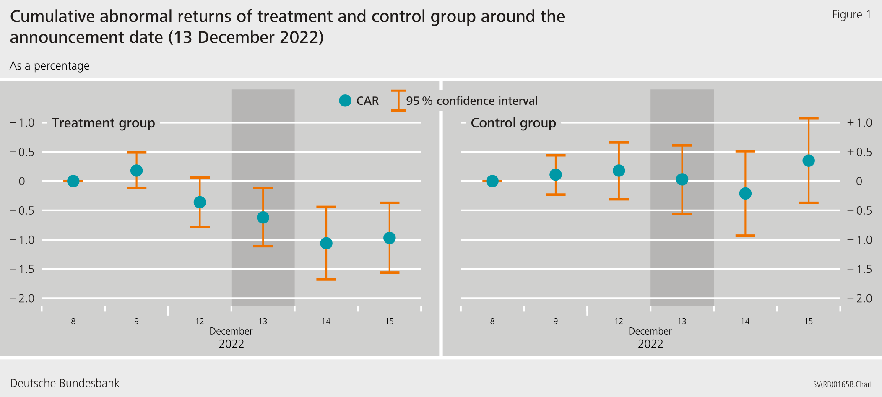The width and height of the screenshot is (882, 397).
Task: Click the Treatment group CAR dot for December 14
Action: coord(326,243)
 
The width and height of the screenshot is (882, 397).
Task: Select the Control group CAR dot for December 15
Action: coord(808,161)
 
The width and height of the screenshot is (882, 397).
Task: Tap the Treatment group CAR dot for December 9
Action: coord(136,171)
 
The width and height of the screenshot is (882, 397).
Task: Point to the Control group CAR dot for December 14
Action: coord(745,193)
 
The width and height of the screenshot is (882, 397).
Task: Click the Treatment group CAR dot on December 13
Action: coord(263,217)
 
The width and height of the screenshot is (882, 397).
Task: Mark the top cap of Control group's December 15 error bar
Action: coord(808,119)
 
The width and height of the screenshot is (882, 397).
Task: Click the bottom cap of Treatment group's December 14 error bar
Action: coord(326,279)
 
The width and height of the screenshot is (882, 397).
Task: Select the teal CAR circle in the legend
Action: coord(345,101)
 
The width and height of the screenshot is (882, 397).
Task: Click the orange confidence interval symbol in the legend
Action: coord(398,101)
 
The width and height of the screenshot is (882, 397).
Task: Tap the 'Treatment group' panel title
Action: coord(103,123)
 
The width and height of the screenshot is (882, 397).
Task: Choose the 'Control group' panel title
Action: coord(513,123)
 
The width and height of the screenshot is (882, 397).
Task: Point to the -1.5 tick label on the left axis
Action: coord(22,269)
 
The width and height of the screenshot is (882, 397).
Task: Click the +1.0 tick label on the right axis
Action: coord(859,123)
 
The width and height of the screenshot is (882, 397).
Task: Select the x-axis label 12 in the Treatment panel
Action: coord(200,321)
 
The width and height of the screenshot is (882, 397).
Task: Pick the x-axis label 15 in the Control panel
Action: coord(808,321)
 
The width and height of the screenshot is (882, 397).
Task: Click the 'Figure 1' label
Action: coord(851,15)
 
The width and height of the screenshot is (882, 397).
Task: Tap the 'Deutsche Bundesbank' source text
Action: coord(65,383)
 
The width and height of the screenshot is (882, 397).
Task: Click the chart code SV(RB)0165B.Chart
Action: coord(842,384)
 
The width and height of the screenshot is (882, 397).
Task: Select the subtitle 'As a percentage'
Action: coord(49,66)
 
